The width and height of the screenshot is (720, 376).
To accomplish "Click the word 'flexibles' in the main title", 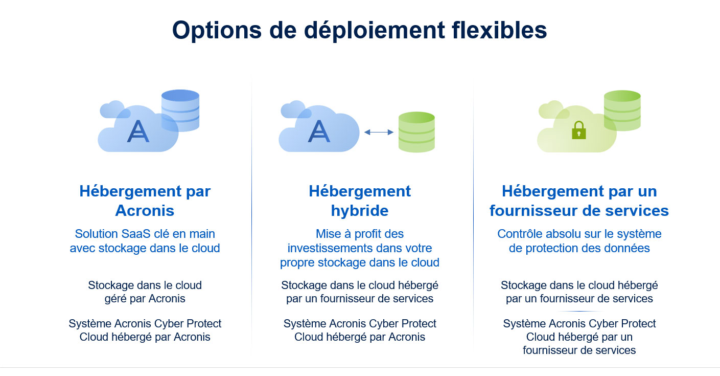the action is pyautogui.click(x=499, y=30).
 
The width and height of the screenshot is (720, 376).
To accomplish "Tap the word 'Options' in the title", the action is pyautogui.click(x=217, y=31).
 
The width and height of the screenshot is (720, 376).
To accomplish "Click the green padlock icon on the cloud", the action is pyautogui.click(x=579, y=130).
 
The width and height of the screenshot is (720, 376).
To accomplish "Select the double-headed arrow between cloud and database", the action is pyautogui.click(x=379, y=132).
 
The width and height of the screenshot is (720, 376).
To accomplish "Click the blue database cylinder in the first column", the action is pyautogui.click(x=180, y=110).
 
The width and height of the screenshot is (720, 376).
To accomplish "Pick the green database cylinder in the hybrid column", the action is pyautogui.click(x=416, y=132).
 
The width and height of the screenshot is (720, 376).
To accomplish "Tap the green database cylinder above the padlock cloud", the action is pyautogui.click(x=622, y=110).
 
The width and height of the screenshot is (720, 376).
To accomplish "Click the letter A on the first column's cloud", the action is pyautogui.click(x=138, y=131).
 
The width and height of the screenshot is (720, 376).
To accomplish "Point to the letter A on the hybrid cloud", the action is pyautogui.click(x=319, y=131).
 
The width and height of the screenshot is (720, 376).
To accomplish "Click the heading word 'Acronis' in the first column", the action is pyautogui.click(x=145, y=211).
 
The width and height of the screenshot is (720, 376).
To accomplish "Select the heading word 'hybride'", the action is pyautogui.click(x=360, y=211).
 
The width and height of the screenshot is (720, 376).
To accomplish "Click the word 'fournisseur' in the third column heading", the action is pyautogui.click(x=533, y=211).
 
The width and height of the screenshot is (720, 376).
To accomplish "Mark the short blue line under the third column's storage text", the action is pyautogui.click(x=579, y=312).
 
